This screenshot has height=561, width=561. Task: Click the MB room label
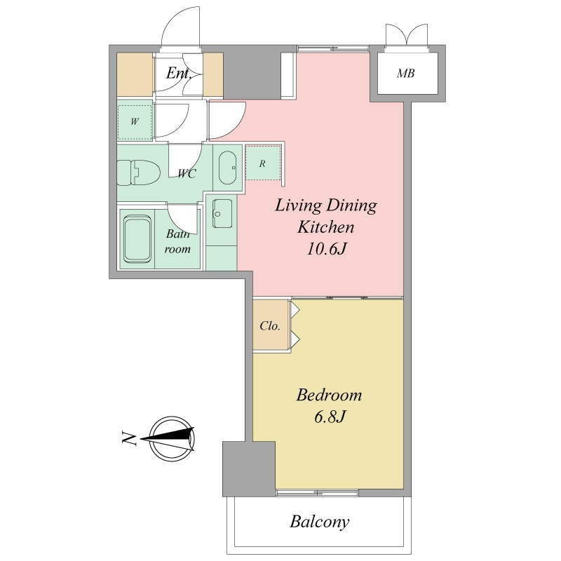pos(406,74)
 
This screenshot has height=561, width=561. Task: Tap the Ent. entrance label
pos(179,74)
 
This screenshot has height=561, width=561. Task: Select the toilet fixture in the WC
pos(138,173)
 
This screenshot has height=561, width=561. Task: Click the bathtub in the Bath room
pos(137,238)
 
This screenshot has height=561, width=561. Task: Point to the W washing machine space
pos(135,122)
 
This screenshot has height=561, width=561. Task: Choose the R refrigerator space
pos(262,163)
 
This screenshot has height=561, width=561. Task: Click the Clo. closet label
pos(270,326)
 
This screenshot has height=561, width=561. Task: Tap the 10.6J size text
pos(326,249)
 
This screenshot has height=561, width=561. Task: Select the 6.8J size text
pos(329,417)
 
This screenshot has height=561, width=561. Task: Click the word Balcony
pos(320,522)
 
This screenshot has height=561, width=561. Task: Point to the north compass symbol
pos(172,438)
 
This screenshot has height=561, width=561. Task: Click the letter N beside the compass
pos(129,438)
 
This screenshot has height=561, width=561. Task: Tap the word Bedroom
pos(329,395)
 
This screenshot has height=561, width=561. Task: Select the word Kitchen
pos(326,227)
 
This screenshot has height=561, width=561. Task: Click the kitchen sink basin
pos(222,213)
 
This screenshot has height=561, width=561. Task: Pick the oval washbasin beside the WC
pos(227,168)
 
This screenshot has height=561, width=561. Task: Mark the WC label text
pos(187,174)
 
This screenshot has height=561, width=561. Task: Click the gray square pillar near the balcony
pos(249,468)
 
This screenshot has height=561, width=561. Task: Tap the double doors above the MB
pos(407,35)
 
